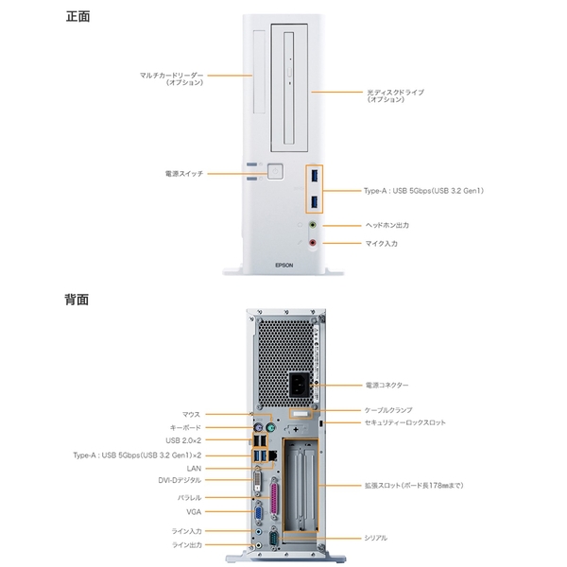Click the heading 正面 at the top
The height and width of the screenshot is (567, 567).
point(78,16)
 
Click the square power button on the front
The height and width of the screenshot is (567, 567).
point(276,172)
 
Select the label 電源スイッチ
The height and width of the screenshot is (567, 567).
point(184,174)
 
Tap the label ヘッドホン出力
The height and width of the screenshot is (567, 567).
point(387,226)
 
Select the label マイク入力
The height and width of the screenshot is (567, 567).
point(382,244)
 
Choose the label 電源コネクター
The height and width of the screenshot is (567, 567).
point(387,386)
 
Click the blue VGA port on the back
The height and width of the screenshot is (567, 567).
point(256,513)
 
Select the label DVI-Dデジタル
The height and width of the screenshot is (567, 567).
point(180,480)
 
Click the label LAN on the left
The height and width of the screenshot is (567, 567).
point(194,468)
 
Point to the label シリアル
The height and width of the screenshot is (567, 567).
point(375,538)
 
